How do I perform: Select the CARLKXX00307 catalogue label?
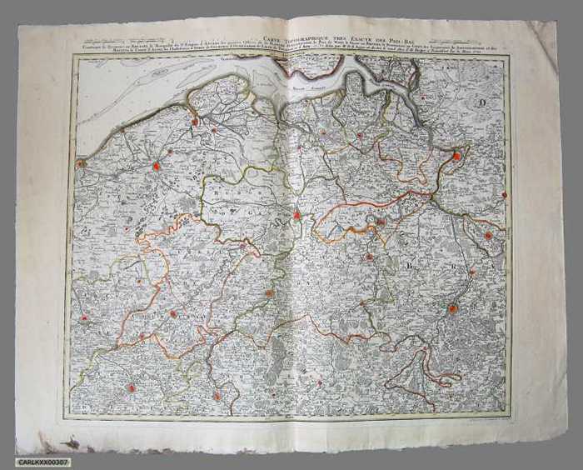point(43,462)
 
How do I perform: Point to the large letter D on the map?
point(482,103)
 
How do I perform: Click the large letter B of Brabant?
point(410,266)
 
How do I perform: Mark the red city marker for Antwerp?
point(456,156)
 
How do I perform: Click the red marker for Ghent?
point(297,215)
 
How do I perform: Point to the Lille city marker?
point(131,387)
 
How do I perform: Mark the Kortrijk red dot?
point(173,314)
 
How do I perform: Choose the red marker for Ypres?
point(84,317)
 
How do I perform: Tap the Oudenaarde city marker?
point(269,293)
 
